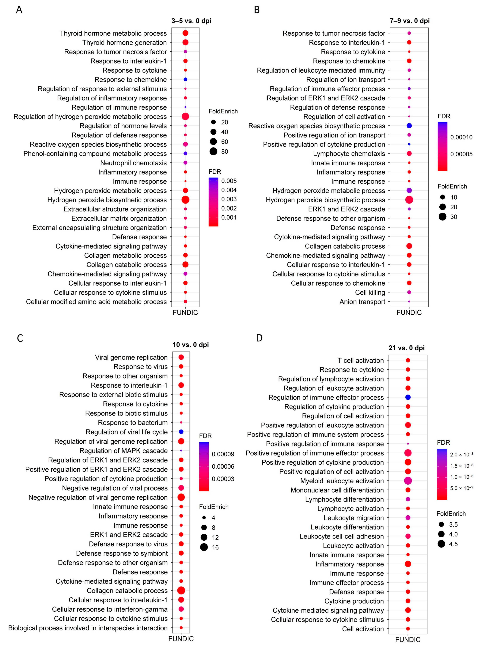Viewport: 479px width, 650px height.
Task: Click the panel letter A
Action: pos(19,10)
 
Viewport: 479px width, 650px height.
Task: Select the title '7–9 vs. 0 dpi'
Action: pos(409,21)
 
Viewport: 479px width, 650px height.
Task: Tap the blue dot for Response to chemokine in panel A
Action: pos(185,79)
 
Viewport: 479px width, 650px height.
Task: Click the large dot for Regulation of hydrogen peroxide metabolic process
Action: pos(185,116)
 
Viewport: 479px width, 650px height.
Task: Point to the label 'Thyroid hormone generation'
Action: pos(124,43)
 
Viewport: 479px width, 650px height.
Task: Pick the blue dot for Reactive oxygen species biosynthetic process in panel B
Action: pos(409,126)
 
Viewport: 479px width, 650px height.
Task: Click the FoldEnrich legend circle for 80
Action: pos(213,152)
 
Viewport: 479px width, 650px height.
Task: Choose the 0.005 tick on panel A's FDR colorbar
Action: pos(229,181)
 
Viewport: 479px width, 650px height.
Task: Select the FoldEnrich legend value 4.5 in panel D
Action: pos(453,544)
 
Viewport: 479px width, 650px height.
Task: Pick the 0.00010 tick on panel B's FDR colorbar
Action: pos(461,137)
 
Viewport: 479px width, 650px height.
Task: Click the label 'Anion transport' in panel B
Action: pos(362,302)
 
